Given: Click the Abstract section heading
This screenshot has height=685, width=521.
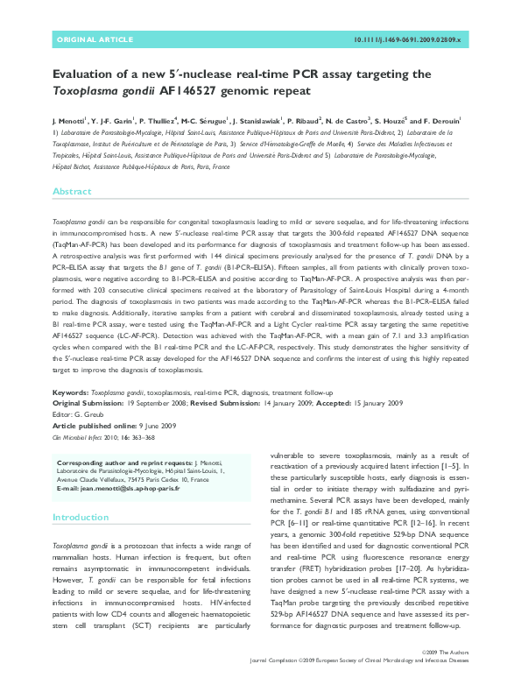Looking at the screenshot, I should [71, 191].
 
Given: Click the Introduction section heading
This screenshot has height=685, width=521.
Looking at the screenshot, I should [81, 518].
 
